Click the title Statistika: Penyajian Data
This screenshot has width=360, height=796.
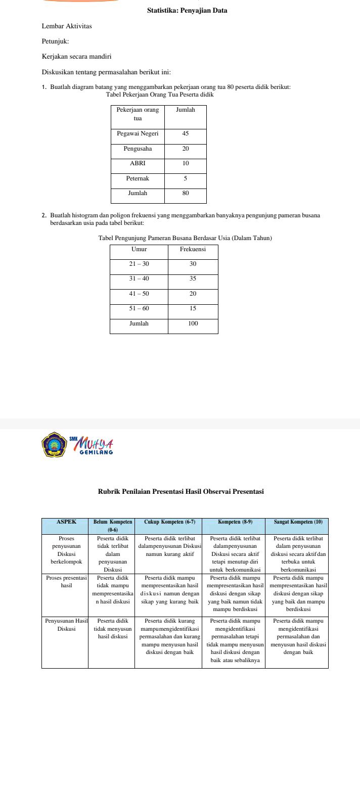click(x=187, y=10)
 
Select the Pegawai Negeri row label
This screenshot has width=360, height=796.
click(x=138, y=134)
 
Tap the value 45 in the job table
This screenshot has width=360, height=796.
click(x=186, y=134)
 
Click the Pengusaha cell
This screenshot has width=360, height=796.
click(x=138, y=149)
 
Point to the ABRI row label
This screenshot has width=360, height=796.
click(x=138, y=163)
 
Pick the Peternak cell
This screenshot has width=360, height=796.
click(x=138, y=178)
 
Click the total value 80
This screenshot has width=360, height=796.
click(x=186, y=193)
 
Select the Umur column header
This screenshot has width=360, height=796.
click(x=139, y=249)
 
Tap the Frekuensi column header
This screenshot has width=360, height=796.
click(x=193, y=249)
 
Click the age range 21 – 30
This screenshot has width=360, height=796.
click(x=139, y=264)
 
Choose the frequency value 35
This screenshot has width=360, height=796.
click(x=193, y=278)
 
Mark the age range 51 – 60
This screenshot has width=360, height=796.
click(x=139, y=308)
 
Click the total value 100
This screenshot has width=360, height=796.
click(x=193, y=323)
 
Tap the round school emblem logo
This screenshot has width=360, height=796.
click(x=54, y=445)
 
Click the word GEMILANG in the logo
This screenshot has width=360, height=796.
click(x=96, y=452)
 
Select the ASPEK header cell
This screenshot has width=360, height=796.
click(x=65, y=522)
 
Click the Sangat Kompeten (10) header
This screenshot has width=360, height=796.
click(x=298, y=522)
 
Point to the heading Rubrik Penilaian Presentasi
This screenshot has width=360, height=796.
click(x=181, y=491)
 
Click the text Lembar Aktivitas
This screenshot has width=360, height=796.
click(x=67, y=26)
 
